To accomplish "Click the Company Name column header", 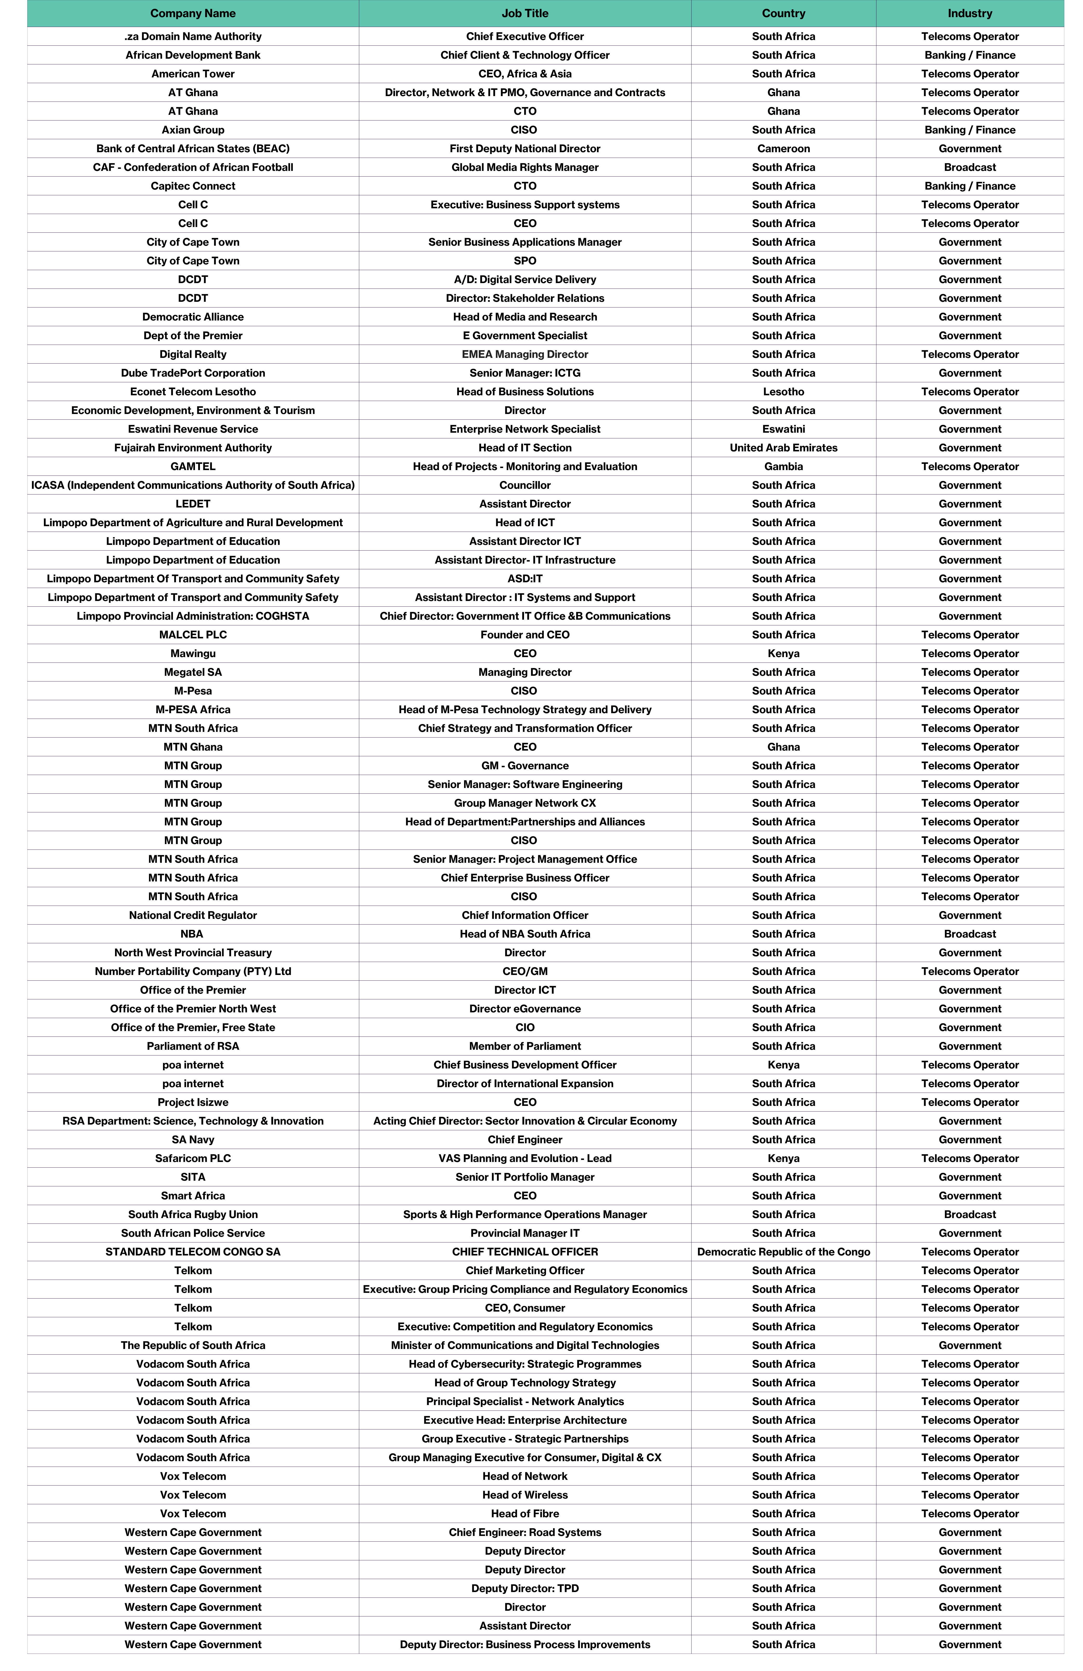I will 193,13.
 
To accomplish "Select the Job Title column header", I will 525,13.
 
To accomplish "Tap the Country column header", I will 783,13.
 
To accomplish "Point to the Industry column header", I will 970,13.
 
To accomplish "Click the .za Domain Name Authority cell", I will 193,37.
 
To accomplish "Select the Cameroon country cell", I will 783,149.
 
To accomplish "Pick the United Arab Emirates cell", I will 783,448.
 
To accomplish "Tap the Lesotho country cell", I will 783,392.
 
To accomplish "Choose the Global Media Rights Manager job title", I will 525,167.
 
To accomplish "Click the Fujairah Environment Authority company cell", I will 193,448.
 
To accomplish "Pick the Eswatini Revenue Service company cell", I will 193,429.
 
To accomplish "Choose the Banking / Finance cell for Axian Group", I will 970,130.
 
